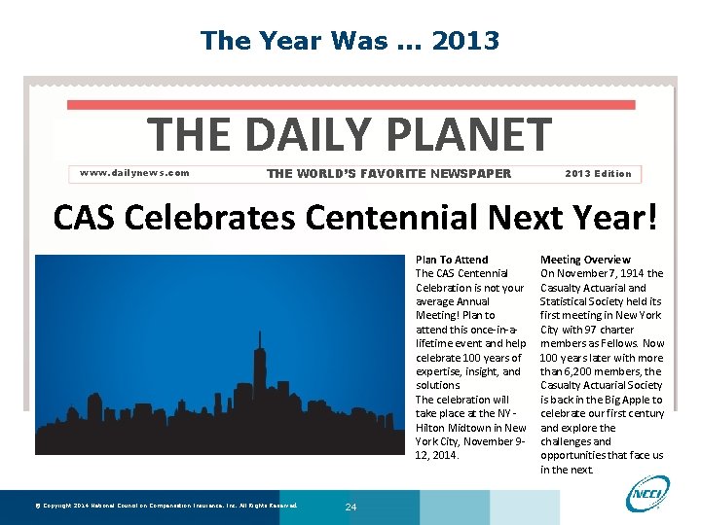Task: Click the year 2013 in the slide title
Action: [x=465, y=41]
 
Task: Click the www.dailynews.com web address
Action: [x=134, y=173]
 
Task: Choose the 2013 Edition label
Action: [x=598, y=174]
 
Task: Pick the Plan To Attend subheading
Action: [x=452, y=260]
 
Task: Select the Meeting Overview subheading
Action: [x=585, y=260]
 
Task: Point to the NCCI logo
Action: [x=648, y=493]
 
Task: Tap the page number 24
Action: [x=350, y=507]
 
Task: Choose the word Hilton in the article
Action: [x=433, y=428]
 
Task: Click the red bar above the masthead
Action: [x=350, y=104]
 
